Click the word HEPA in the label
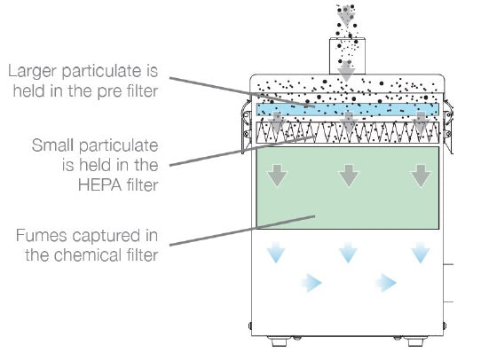pyautogui.click(x=99, y=184)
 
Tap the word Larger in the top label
pyautogui.click(x=33, y=72)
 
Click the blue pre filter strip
pyautogui.click(x=348, y=110)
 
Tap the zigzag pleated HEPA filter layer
pyautogui.click(x=348, y=132)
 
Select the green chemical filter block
pyautogui.click(x=348, y=188)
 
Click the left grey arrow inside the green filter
pyautogui.click(x=277, y=176)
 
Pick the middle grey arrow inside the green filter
pyautogui.click(x=349, y=176)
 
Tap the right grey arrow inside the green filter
pyautogui.click(x=421, y=176)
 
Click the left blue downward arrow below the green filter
pyautogui.click(x=276, y=252)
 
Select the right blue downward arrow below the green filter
pyautogui.click(x=421, y=252)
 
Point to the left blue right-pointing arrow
pyautogui.click(x=312, y=283)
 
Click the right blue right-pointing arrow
pyautogui.click(x=386, y=283)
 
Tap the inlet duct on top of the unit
pyautogui.click(x=347, y=56)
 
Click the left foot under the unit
pyautogui.click(x=280, y=341)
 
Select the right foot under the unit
pyautogui.click(x=414, y=341)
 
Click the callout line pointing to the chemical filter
pyautogui.click(x=242, y=231)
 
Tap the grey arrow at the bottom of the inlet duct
pyautogui.click(x=346, y=72)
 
